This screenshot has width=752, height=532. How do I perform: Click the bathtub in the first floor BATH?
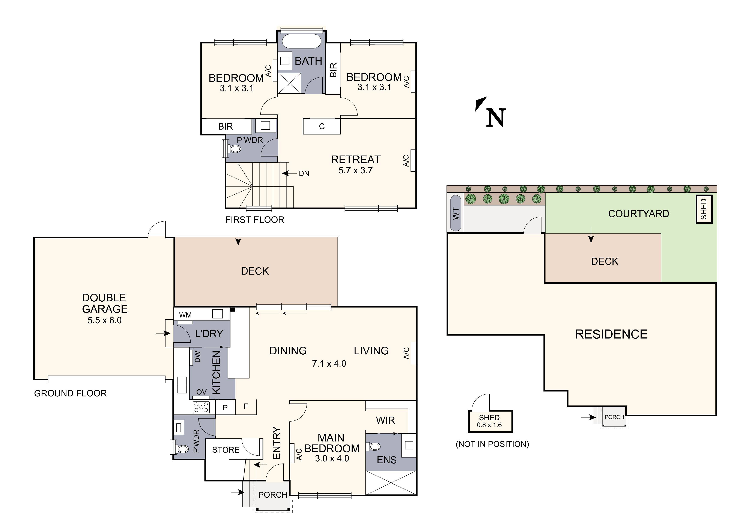(301, 42)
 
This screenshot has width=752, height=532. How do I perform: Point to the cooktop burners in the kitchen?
(201, 407)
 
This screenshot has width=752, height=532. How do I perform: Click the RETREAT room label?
(356, 160)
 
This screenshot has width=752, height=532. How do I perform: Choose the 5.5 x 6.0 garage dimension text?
(104, 320)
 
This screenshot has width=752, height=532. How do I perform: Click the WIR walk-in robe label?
(385, 420)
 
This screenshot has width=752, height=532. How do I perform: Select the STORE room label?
(226, 450)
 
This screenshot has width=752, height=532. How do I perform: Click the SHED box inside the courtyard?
(704, 209)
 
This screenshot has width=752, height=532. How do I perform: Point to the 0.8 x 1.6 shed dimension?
(489, 425)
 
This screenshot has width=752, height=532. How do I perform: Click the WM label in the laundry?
(185, 315)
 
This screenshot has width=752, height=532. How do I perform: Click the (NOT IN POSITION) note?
(492, 444)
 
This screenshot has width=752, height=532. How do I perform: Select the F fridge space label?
(246, 406)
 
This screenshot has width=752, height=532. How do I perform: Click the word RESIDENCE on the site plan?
(611, 334)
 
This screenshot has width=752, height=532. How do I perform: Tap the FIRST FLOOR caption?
(254, 220)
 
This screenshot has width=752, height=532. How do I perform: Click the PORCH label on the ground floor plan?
(272, 495)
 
